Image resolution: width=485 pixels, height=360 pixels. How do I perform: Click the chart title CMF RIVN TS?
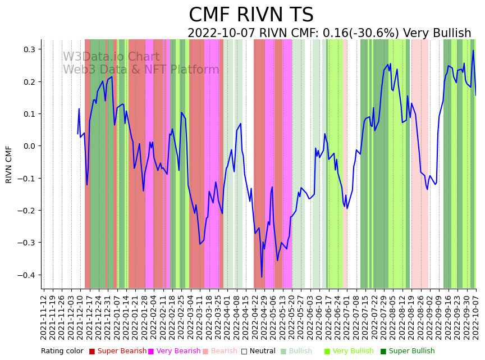(x=251, y=15)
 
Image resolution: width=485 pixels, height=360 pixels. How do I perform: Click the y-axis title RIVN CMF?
(x=9, y=164)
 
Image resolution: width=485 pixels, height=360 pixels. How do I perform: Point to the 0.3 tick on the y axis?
(x=29, y=49)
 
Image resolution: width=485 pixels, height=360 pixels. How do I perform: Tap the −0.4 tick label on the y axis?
(x=26, y=275)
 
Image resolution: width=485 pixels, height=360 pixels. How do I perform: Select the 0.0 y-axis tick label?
(x=29, y=146)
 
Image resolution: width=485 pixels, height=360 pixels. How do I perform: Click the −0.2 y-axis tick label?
(x=26, y=211)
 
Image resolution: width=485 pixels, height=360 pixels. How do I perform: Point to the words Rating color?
(x=62, y=352)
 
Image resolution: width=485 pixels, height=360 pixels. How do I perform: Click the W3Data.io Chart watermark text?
(x=111, y=57)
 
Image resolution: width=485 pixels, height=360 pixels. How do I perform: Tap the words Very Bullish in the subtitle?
(x=437, y=34)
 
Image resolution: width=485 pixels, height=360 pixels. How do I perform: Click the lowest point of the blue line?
(x=262, y=277)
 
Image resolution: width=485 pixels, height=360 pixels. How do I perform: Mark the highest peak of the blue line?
(x=473, y=51)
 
